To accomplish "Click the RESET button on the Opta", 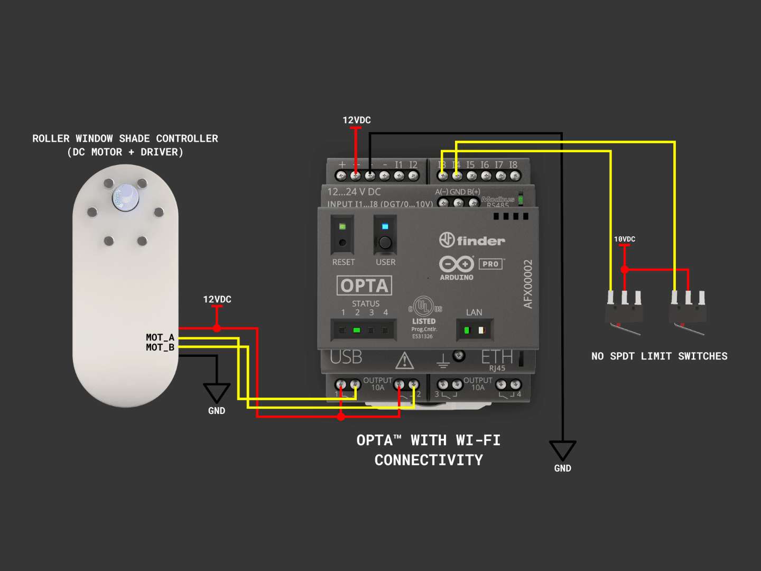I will [342, 243].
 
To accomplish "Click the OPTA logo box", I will [364, 285].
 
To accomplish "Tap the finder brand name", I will [480, 241].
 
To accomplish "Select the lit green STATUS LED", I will [357, 330].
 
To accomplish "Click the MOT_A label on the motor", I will [160, 337].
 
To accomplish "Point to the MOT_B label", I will [160, 347].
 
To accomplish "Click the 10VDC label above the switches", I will [625, 239].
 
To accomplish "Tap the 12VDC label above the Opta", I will [357, 120].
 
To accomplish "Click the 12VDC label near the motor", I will [217, 299].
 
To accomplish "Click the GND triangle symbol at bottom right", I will [562, 450].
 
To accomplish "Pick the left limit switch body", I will [624, 315].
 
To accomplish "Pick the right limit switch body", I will [688, 315].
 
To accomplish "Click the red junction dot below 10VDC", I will [625, 270].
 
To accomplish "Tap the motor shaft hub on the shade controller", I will [125, 197].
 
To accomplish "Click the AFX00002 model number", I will [528, 284].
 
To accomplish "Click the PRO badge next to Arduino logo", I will [490, 264].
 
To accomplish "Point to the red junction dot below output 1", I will [341, 417].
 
